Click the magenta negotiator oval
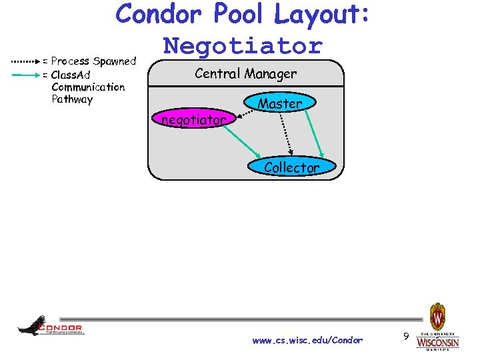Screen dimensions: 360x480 (193, 120)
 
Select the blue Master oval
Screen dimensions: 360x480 (280, 103)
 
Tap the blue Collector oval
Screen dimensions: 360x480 (291, 167)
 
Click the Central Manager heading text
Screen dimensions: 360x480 (245, 73)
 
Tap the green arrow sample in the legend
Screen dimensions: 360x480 (26, 75)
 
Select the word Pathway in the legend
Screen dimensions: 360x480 (72, 99)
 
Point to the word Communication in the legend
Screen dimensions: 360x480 (88, 87)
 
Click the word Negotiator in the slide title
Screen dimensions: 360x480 (243, 46)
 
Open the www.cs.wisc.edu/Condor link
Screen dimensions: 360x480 (307, 340)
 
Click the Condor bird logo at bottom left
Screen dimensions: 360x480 (50, 326)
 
